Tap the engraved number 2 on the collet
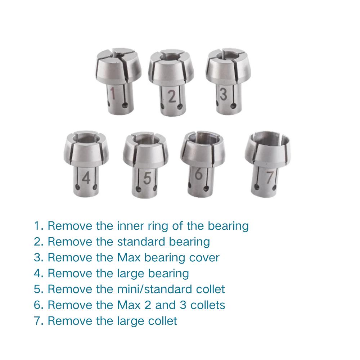pyautogui.click(x=172, y=96)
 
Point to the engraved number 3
pyautogui.click(x=224, y=94)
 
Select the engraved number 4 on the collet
pyautogui.click(x=86, y=178)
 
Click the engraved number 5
pyautogui.click(x=146, y=178)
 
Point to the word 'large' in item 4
pyautogui.click(x=127, y=273)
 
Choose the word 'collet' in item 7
pyautogui.click(x=161, y=321)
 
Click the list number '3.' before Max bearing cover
pyautogui.click(x=39, y=257)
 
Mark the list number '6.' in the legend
pyautogui.click(x=39, y=305)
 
